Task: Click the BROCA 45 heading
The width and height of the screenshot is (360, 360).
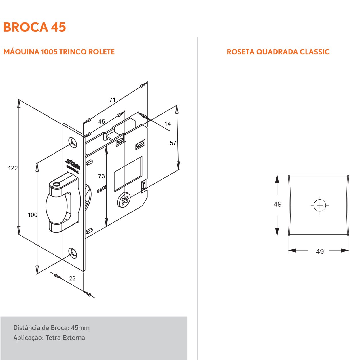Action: [x=35, y=27]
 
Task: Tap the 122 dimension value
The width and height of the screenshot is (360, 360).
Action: [x=13, y=168]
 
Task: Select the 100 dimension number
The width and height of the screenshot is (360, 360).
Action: [x=33, y=215]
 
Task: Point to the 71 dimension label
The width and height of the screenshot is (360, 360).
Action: [x=113, y=100]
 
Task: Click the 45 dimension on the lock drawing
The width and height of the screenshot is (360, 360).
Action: [x=102, y=122]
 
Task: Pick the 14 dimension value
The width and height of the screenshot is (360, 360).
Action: [x=168, y=124]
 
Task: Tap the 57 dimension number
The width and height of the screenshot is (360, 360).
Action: [x=173, y=143]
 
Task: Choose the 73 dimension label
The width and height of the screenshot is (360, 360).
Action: [x=102, y=176]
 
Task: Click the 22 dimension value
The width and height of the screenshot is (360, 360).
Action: [x=72, y=278]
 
